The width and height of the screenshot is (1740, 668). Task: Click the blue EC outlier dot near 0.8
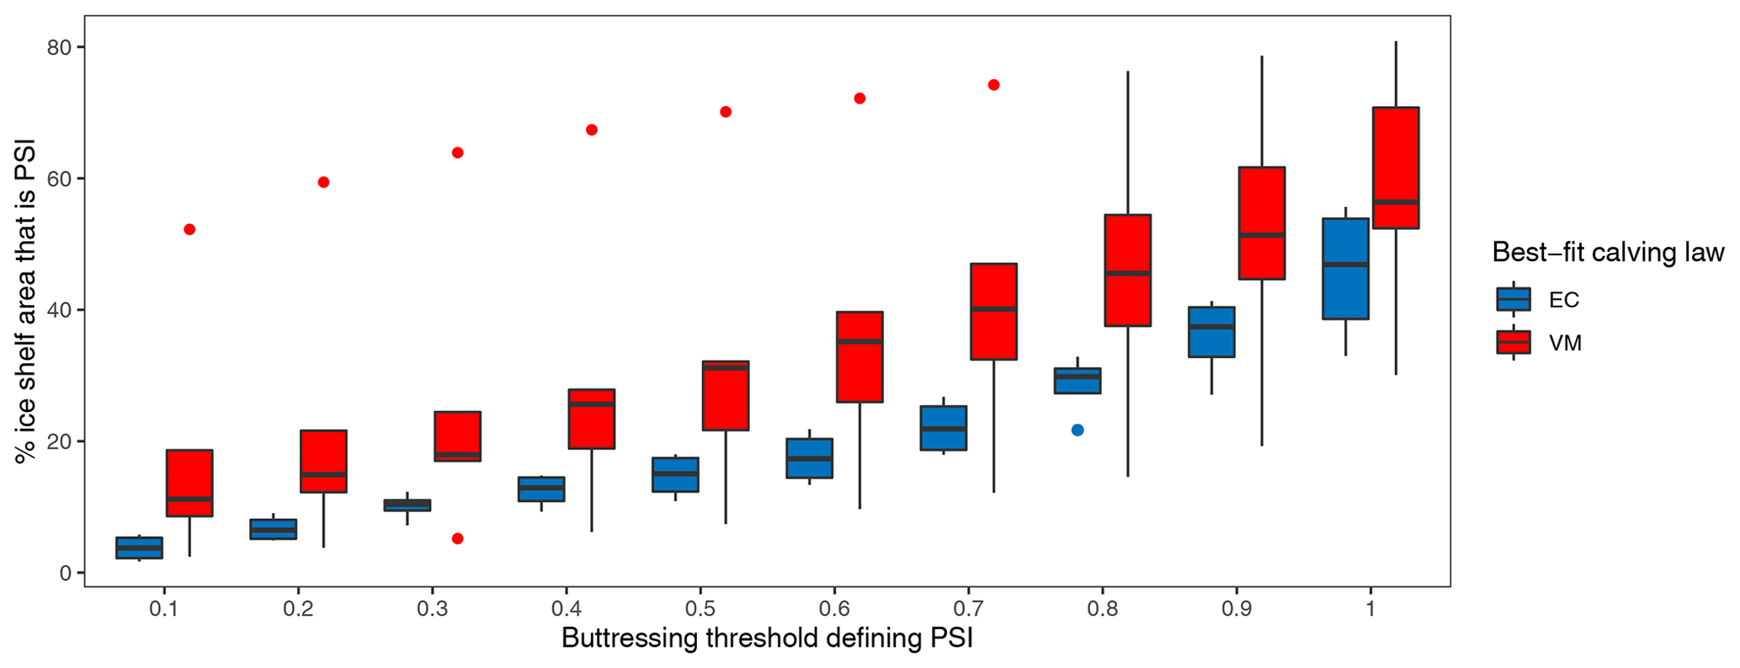click(1077, 430)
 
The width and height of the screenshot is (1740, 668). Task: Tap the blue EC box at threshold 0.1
click(139, 548)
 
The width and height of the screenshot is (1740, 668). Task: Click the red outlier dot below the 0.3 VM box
click(458, 538)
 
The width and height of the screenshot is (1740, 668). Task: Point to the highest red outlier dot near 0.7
click(993, 85)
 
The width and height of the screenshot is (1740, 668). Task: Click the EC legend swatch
click(1513, 299)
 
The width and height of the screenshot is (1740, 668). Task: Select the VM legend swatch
click(1513, 342)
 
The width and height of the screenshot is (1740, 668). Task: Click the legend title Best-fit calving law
click(1608, 252)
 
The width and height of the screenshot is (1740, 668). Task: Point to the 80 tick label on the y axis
click(59, 48)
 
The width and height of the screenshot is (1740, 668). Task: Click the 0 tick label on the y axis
click(66, 574)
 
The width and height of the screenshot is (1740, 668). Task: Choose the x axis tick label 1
click(1370, 608)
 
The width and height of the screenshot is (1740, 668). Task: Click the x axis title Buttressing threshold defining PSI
click(767, 638)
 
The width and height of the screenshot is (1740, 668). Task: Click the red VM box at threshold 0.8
click(1127, 270)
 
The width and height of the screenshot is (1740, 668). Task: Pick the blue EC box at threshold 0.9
click(1211, 332)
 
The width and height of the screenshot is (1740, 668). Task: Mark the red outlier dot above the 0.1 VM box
click(189, 229)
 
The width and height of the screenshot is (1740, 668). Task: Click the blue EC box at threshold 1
click(1345, 269)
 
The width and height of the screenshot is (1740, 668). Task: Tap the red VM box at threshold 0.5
click(726, 396)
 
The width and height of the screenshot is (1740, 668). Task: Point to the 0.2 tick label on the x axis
click(298, 608)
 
